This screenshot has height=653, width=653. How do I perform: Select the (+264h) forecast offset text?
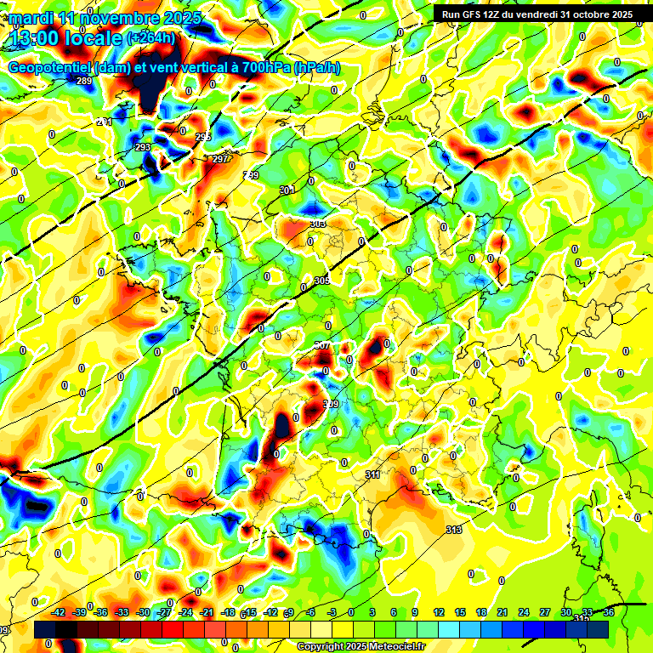click(x=150, y=37)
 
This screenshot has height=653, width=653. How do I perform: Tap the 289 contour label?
click(x=84, y=81)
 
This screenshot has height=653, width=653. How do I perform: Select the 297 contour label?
click(x=220, y=159)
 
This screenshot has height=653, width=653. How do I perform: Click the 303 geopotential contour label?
click(x=318, y=224)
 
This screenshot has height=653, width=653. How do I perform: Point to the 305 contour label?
click(x=321, y=281)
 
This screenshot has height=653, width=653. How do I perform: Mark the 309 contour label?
click(x=331, y=403)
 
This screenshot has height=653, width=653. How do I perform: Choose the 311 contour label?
click(x=372, y=474)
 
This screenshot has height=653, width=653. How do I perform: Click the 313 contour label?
click(x=454, y=530)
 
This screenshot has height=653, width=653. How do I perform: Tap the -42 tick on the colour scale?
click(x=59, y=612)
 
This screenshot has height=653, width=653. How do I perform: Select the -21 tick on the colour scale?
click(x=207, y=612)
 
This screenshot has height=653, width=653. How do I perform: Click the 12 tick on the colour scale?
click(x=439, y=612)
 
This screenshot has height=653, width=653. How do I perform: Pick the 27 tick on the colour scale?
click(x=545, y=612)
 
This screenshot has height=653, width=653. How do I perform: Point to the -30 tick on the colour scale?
click(x=143, y=612)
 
